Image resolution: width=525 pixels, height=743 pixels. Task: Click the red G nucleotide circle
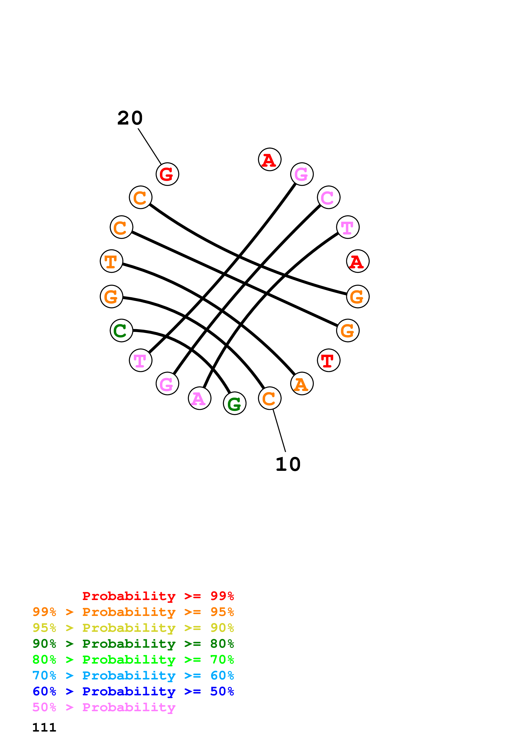(167, 174)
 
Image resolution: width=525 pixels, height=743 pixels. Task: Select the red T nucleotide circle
(328, 360)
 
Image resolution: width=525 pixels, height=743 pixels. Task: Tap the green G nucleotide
(234, 403)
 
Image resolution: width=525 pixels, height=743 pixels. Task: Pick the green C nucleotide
(121, 330)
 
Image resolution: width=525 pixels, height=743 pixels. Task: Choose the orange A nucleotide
(302, 384)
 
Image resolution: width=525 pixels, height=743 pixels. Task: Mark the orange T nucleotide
(111, 261)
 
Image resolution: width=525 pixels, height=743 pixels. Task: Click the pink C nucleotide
(328, 197)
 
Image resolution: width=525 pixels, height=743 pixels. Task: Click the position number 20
(130, 118)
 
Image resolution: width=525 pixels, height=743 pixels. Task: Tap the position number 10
(288, 464)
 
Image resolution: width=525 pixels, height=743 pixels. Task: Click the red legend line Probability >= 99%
(158, 596)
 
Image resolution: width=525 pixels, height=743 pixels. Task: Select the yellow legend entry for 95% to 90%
(133, 628)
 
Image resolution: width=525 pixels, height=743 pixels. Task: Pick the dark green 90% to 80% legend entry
(133, 644)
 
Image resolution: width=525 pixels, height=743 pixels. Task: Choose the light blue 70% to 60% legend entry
(133, 675)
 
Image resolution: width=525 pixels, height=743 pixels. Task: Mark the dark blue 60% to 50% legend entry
(133, 691)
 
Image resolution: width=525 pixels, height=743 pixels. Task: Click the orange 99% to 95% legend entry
(133, 612)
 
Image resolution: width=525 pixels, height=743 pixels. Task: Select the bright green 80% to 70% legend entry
(133, 660)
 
